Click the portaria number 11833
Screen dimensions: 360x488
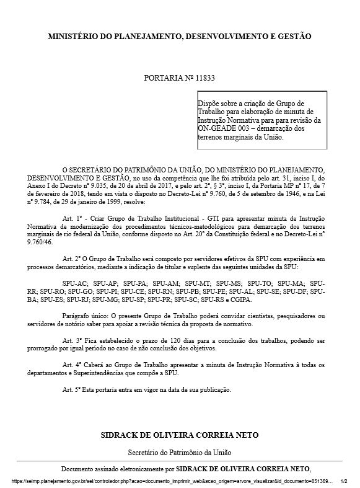click(205, 79)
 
